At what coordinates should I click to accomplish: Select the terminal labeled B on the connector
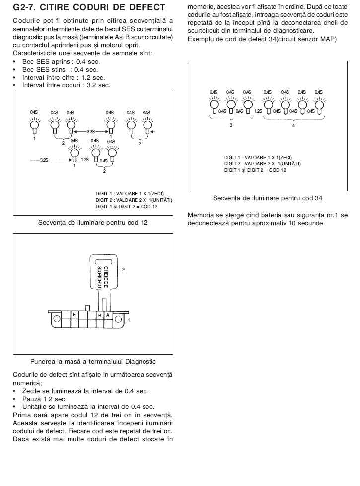click(100, 315)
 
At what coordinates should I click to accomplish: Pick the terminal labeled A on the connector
click(108, 315)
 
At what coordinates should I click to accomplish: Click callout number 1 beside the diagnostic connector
click(129, 320)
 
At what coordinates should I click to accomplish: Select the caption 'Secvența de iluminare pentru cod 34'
click(268, 198)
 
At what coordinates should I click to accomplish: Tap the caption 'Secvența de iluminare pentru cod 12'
click(93, 222)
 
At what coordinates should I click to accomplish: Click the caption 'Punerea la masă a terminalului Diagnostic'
click(93, 361)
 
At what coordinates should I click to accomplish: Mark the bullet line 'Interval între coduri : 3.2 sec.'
click(66, 85)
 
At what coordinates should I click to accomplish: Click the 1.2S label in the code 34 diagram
click(258, 111)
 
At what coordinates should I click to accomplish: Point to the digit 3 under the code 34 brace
click(231, 126)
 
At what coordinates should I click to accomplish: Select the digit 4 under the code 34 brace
click(293, 126)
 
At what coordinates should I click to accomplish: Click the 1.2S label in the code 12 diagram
click(85, 160)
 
